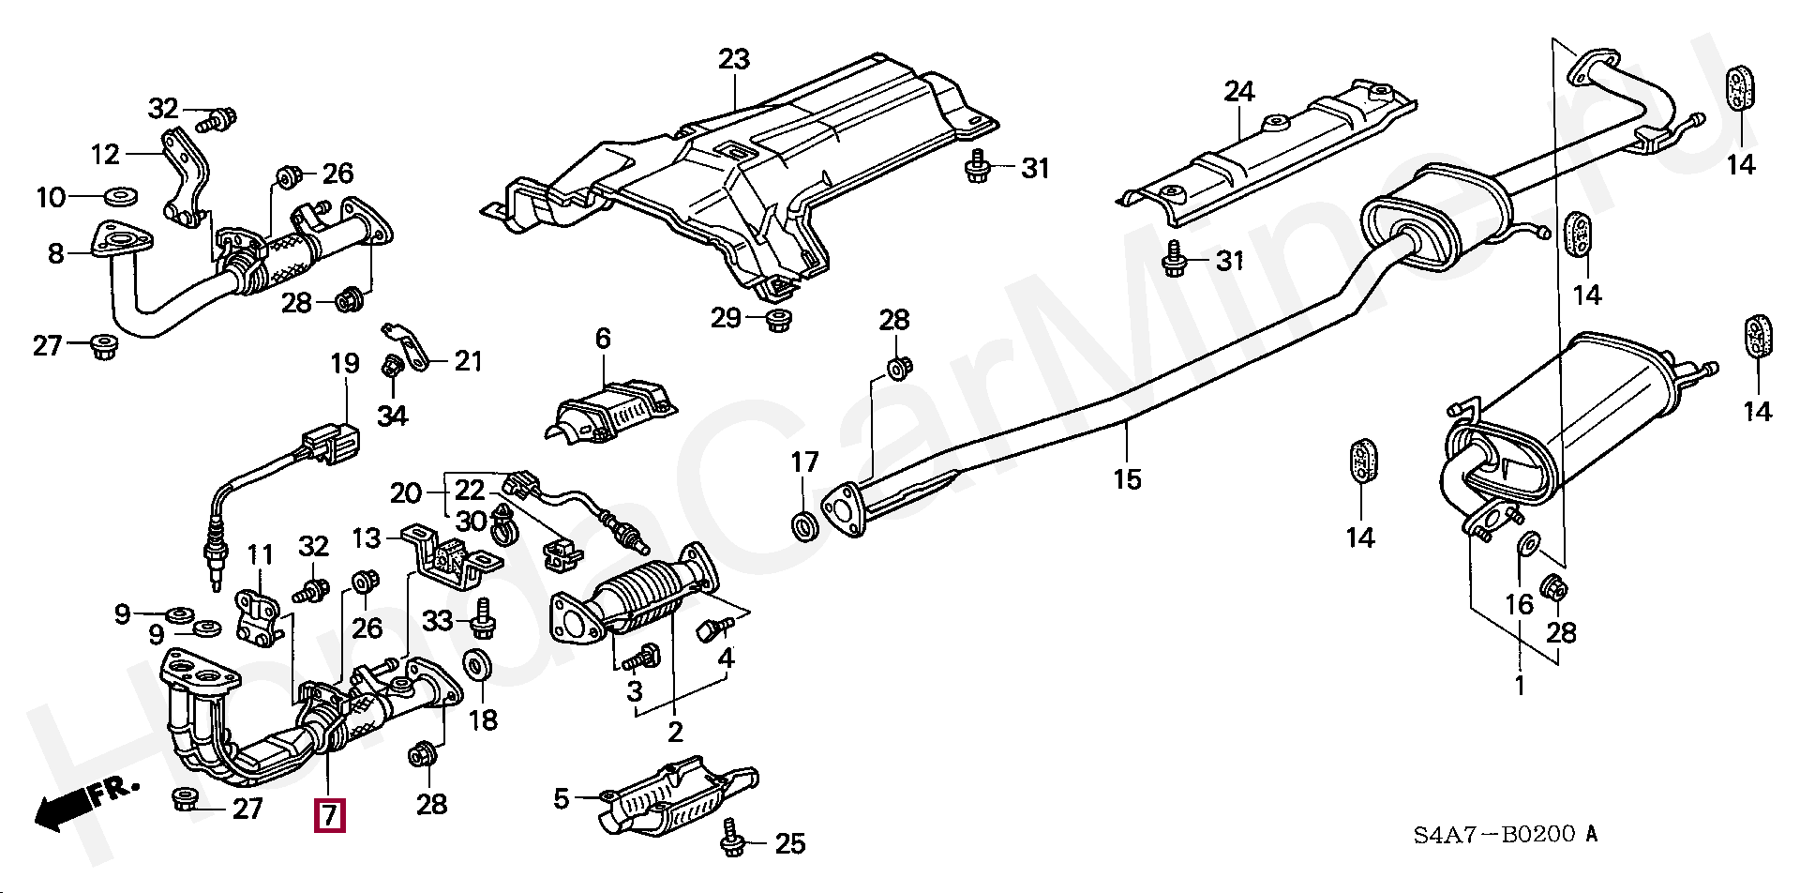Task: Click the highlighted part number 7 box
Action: coord(329,814)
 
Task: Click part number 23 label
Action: coord(735,60)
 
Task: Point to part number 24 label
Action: coord(1238,92)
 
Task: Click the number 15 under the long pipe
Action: coord(1128,479)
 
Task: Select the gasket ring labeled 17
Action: coord(804,527)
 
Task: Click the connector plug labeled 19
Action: coord(328,443)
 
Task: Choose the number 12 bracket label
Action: coord(106,153)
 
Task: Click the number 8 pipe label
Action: coord(55,253)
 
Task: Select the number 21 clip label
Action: coord(469,360)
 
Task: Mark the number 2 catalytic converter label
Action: coord(675,731)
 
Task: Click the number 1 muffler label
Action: coord(1520,686)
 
